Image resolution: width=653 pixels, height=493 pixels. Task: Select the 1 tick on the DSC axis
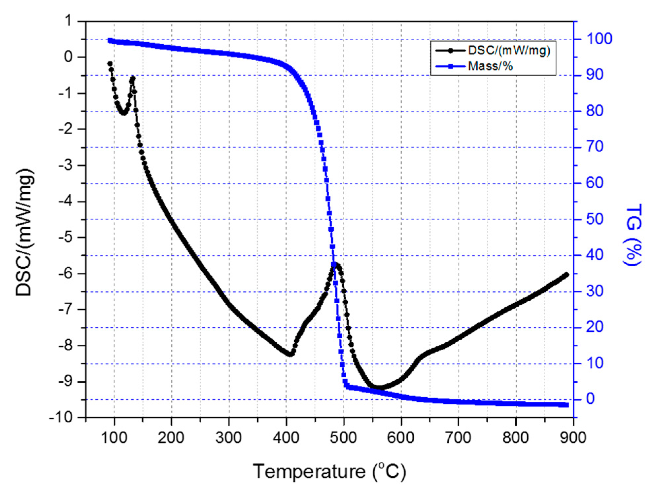coord(68,21)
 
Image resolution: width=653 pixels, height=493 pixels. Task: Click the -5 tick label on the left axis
coord(68,237)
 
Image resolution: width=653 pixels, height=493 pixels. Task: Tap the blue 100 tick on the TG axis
coord(599,39)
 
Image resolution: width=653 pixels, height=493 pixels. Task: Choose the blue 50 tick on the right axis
coord(595,219)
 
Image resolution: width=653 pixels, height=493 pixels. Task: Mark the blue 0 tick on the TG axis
coord(591,399)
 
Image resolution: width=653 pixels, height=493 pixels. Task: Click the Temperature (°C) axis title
coord(329,471)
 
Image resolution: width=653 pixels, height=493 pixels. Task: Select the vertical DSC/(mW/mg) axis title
coord(25,232)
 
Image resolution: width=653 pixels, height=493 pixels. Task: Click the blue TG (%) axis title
coord(633,234)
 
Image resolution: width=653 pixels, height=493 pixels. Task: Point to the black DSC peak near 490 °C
coord(337,264)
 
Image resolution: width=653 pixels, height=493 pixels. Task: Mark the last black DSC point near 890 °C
coord(567,275)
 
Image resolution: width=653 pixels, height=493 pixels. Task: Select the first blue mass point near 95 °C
coord(110,41)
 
